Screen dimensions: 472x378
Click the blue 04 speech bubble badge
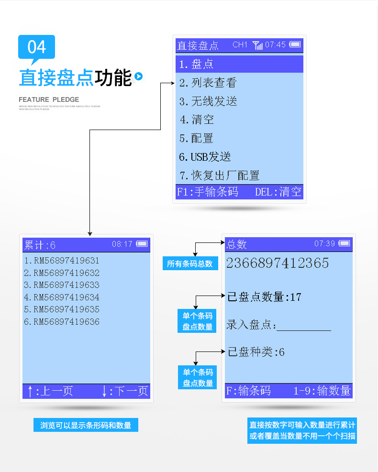click(x=36, y=47)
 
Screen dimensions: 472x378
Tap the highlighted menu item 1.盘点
click(x=239, y=64)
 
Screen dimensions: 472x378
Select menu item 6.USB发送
click(x=205, y=156)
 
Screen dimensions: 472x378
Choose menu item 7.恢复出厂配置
click(x=220, y=175)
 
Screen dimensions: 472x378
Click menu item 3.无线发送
click(x=208, y=101)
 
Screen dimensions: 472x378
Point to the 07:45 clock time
click(x=275, y=44)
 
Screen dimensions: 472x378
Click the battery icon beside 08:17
click(x=142, y=244)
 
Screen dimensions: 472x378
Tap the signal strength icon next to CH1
click(x=257, y=45)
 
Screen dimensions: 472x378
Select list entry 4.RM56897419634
click(x=62, y=297)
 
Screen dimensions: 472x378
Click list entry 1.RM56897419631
click(x=62, y=261)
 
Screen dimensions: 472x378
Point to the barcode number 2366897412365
click(x=278, y=263)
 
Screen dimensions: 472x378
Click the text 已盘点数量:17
click(x=264, y=297)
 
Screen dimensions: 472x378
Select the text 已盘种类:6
click(x=256, y=352)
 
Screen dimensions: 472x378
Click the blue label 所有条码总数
click(x=190, y=263)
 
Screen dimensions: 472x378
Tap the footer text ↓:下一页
click(x=124, y=391)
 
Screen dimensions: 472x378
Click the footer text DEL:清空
click(x=278, y=192)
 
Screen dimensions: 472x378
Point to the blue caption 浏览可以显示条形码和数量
click(x=86, y=425)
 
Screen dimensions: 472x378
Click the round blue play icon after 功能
click(x=138, y=77)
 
